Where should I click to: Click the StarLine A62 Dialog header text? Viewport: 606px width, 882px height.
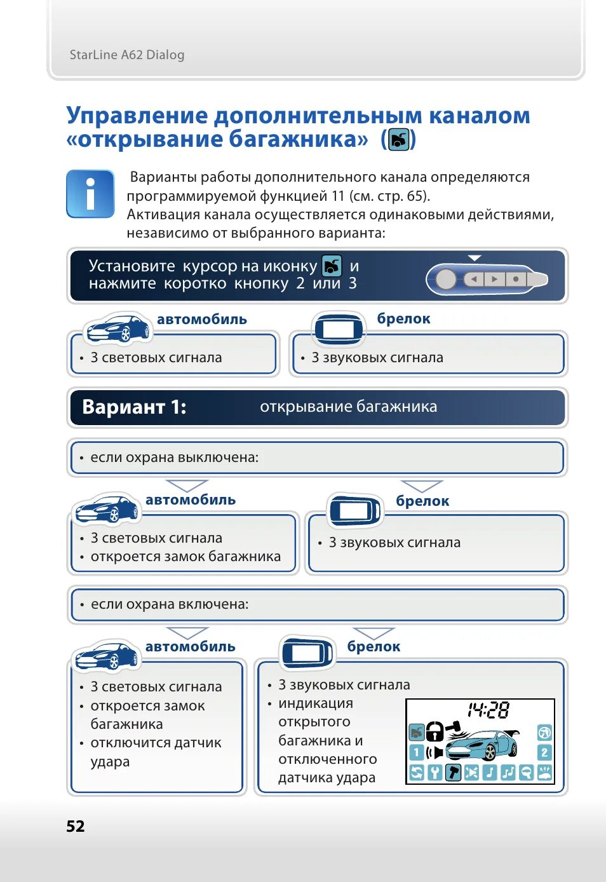click(127, 55)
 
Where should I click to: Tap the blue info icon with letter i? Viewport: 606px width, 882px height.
click(90, 194)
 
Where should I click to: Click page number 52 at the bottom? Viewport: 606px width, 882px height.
click(76, 825)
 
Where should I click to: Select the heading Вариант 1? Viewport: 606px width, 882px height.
click(134, 407)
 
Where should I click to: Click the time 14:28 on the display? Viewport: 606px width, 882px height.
click(488, 710)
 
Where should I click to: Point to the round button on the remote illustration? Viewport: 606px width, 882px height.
click(446, 279)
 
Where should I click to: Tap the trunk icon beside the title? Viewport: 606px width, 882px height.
click(398, 139)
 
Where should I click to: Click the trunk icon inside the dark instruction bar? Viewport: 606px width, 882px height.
click(332, 266)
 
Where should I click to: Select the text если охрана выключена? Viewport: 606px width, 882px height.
click(174, 458)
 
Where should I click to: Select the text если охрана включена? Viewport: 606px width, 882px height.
click(170, 604)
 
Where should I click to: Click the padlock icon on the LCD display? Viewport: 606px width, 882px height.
click(434, 731)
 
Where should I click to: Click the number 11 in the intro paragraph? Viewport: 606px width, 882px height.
click(337, 196)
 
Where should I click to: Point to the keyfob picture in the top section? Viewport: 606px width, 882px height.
click(339, 328)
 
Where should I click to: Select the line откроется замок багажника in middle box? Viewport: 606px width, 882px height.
click(185, 557)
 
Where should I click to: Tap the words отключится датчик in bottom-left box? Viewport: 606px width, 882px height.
click(156, 743)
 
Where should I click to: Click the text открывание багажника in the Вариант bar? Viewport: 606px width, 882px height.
click(348, 407)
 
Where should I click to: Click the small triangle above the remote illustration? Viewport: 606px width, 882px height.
click(475, 257)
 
